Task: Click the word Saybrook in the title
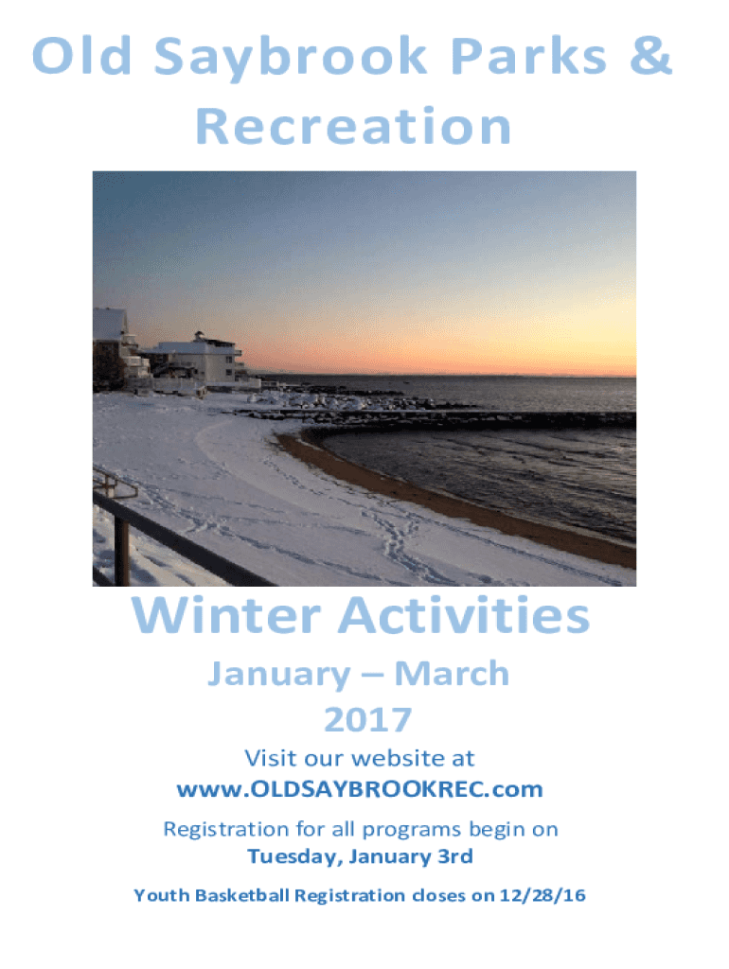click(291, 58)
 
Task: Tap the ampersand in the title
click(650, 56)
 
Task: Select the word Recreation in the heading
click(353, 127)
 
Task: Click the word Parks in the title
click(528, 56)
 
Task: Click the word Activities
click(464, 615)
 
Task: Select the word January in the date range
click(279, 675)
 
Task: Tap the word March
click(452, 673)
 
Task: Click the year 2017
click(368, 719)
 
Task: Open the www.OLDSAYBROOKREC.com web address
click(360, 789)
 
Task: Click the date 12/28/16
click(542, 895)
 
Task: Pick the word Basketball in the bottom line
click(241, 895)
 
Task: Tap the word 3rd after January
click(455, 855)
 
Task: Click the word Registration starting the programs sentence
click(226, 830)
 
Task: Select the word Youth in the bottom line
click(161, 895)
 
